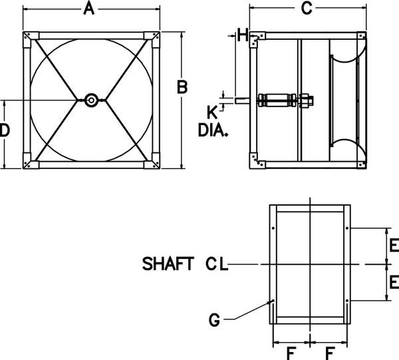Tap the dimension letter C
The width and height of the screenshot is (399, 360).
[x=306, y=8]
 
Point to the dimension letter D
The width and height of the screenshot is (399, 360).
[x=5, y=131]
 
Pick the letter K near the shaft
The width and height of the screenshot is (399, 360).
[x=212, y=110]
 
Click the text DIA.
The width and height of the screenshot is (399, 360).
[x=213, y=130]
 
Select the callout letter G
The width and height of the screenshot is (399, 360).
[x=214, y=321]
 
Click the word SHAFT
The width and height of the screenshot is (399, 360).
[x=168, y=264]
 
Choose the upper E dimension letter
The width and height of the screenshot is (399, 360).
[x=394, y=246]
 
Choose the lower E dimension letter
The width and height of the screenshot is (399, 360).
[x=394, y=282]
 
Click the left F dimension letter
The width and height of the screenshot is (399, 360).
[x=290, y=352]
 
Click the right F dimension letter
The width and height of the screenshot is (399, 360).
[x=329, y=352]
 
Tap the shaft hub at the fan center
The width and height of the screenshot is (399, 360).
[x=90, y=100]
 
